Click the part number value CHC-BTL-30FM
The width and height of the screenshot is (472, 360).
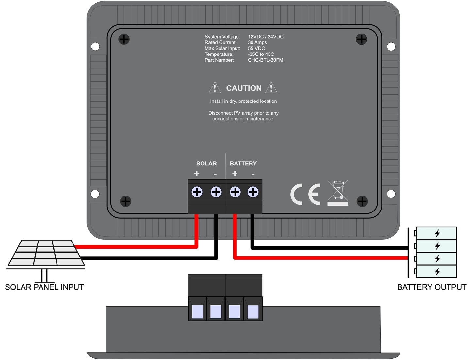tap(265, 60)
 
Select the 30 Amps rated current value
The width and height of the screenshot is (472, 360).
tap(257, 42)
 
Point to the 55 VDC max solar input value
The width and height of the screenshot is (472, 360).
tap(256, 48)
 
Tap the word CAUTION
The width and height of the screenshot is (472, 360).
tap(244, 88)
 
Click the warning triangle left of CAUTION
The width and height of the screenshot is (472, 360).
tap(215, 88)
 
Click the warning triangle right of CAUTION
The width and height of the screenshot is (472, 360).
tap(271, 88)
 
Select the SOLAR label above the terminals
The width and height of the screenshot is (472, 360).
tap(206, 164)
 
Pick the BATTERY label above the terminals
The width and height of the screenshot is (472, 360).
tap(243, 164)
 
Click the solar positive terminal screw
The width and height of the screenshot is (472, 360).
tap(197, 192)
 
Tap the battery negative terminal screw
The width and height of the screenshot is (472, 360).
tap(253, 192)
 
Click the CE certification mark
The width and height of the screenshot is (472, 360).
tap(305, 195)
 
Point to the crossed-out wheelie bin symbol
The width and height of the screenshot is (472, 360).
tap(338, 193)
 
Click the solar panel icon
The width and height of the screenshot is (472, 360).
tap(46, 253)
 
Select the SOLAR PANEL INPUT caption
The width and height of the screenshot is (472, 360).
tap(44, 287)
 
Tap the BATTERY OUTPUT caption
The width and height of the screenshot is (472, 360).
tap(431, 287)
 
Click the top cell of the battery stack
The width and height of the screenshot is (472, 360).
tap(437, 233)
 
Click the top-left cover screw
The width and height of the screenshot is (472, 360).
tap(124, 39)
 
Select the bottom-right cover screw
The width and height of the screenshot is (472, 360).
tap(362, 201)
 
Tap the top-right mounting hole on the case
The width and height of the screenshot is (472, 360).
tap(391, 46)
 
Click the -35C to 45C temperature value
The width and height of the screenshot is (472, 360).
tap(261, 54)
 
